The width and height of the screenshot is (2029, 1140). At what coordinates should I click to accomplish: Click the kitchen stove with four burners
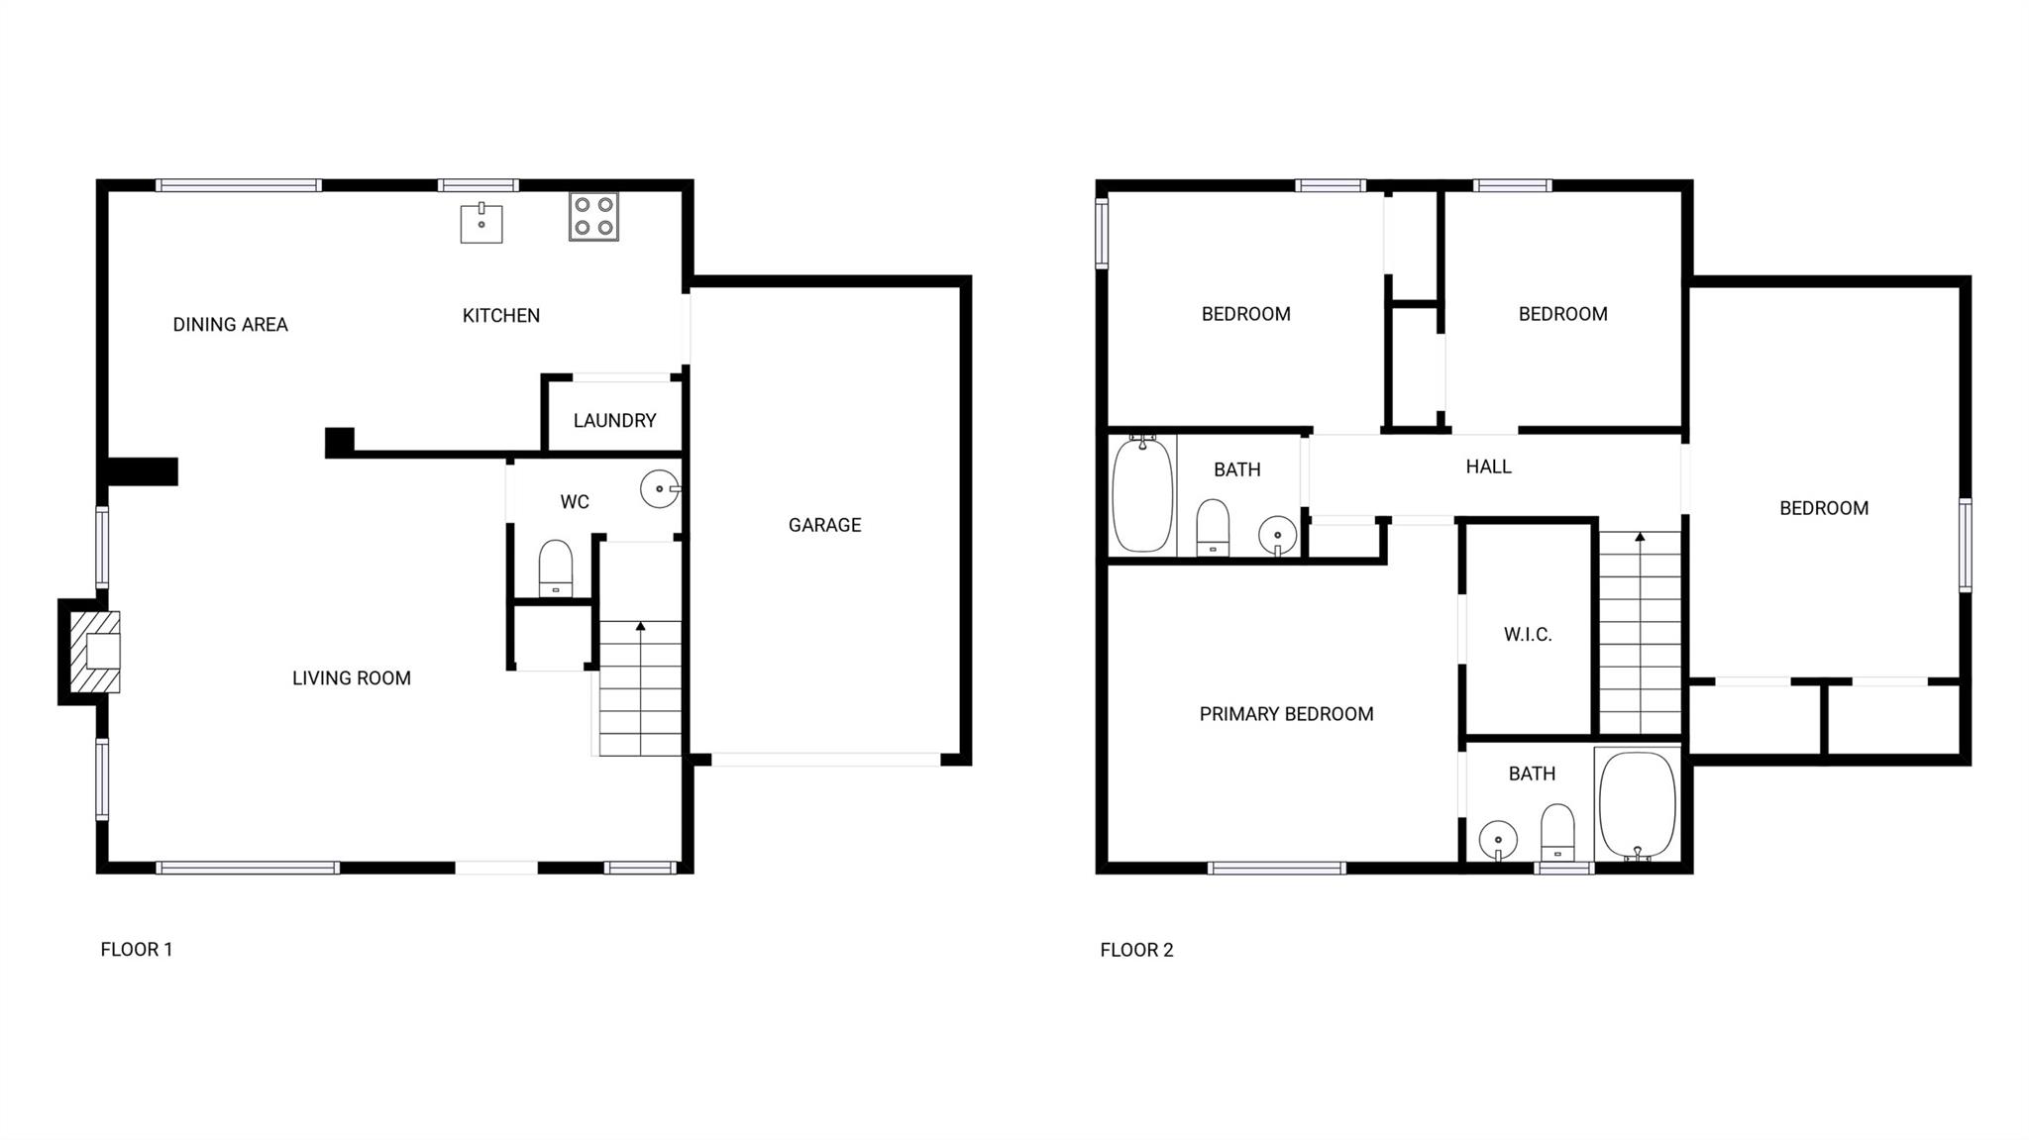tap(593, 217)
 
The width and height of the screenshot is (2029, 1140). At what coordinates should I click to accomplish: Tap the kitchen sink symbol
tap(481, 224)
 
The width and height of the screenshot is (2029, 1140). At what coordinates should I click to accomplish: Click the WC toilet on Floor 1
tap(555, 569)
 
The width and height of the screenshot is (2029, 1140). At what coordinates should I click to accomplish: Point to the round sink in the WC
tap(660, 489)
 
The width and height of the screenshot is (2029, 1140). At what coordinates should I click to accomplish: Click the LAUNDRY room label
tap(614, 421)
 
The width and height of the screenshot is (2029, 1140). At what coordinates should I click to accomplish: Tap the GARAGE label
tap(824, 525)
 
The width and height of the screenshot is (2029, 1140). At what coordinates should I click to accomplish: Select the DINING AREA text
tap(230, 325)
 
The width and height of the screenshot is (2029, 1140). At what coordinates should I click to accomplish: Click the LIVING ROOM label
tap(351, 678)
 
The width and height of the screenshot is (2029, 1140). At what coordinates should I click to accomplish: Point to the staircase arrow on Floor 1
tap(640, 627)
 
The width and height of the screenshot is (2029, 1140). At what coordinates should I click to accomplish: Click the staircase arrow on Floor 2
tap(1640, 538)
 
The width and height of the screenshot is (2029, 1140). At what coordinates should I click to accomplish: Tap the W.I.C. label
tap(1527, 635)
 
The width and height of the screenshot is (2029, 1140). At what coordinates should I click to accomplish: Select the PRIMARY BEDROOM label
tap(1286, 714)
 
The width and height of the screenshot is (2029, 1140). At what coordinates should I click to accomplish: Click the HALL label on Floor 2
tap(1488, 466)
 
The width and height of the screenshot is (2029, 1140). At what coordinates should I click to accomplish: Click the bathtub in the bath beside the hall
tap(1142, 495)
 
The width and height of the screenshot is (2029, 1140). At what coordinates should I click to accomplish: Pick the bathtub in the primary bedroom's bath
tap(1637, 804)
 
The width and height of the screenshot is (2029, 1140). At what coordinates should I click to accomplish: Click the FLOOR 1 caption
tap(137, 950)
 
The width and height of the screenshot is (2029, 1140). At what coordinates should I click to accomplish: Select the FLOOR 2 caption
tap(1136, 951)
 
